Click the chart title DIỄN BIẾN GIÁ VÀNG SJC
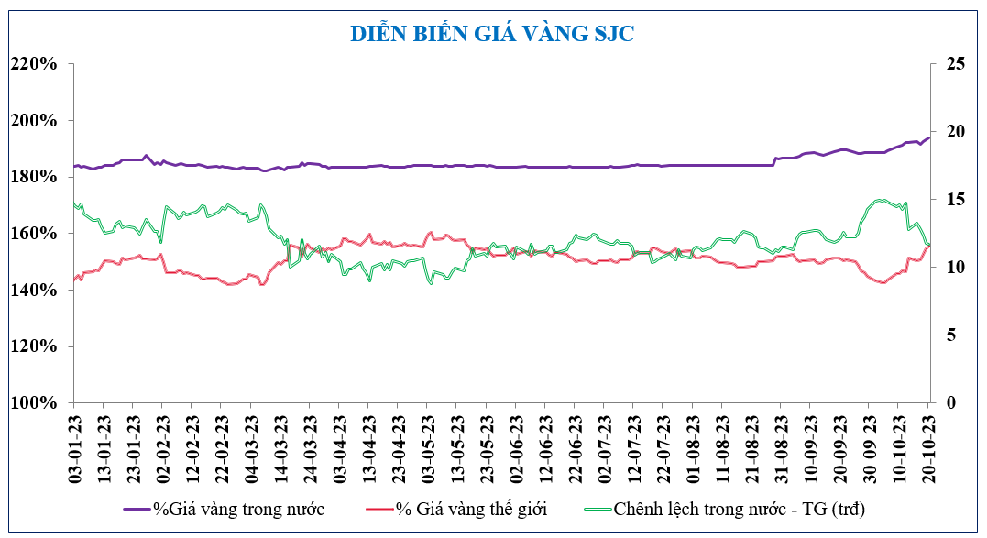tap(493, 34)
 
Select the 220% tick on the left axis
tap(35, 64)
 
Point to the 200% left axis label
tap(35, 121)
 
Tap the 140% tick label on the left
tap(35, 291)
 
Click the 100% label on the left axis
tap(35, 403)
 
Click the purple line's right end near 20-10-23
tap(928, 137)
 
